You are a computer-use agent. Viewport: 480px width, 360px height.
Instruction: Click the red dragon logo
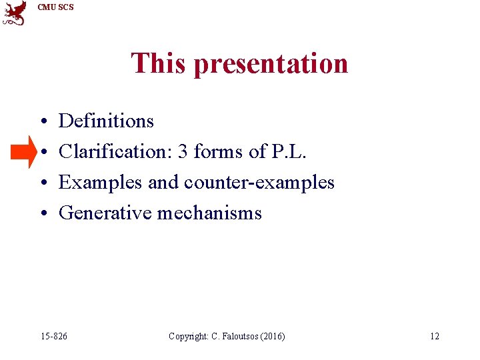[x=15, y=13]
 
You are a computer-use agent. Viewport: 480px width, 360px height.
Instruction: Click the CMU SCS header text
[x=56, y=7]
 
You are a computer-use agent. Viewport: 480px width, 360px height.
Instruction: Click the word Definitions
[x=106, y=121]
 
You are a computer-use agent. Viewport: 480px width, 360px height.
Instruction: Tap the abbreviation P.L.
[x=287, y=151]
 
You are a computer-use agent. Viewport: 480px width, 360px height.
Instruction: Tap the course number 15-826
[x=53, y=336]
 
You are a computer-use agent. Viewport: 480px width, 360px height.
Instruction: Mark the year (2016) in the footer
[x=273, y=336]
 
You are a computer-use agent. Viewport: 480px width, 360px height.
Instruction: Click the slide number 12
[x=434, y=336]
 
